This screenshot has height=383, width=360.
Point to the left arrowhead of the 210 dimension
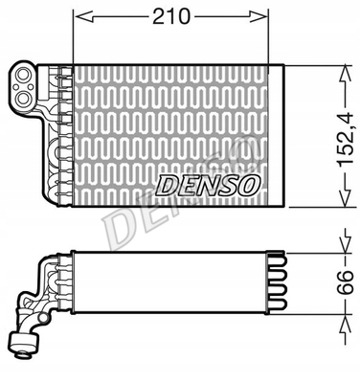point(79,17)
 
